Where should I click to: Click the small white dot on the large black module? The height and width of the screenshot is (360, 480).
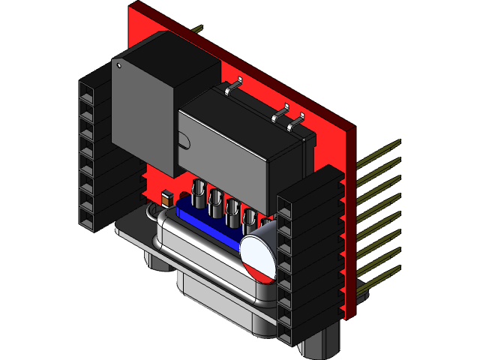118,65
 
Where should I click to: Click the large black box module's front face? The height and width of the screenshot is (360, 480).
142,112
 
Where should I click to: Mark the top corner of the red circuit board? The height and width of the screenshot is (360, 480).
134,6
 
